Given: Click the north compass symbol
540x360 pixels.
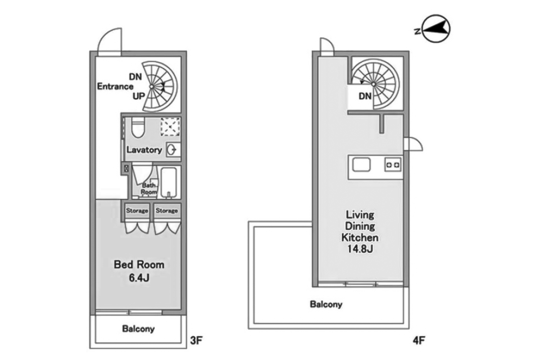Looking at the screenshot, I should point(435,31).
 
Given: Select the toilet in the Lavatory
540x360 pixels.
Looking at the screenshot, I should point(137,128).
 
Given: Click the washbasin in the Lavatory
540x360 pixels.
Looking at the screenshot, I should point(172,150).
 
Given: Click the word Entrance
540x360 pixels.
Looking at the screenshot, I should point(115,87).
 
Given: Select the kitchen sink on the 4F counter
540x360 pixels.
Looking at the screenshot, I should point(361,165).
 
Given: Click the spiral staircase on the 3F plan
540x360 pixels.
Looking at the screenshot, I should point(160,86).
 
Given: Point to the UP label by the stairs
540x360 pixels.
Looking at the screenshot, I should point(139,96).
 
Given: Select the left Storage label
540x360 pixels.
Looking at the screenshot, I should point(137,211).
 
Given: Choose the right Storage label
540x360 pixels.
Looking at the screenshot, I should point(167,211).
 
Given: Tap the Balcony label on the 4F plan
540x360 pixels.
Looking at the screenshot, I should point(326,305).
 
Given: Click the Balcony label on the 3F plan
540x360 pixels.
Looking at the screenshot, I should point(138,329).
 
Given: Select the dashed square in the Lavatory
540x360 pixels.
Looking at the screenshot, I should point(170,126).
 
